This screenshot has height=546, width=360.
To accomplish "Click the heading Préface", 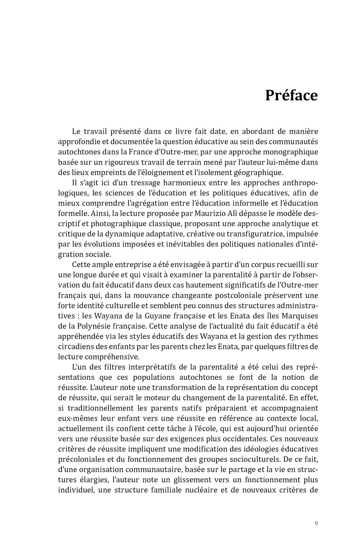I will pyautogui.click(x=291, y=95).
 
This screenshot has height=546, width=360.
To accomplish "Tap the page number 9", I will pyautogui.click(x=316, y=523).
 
